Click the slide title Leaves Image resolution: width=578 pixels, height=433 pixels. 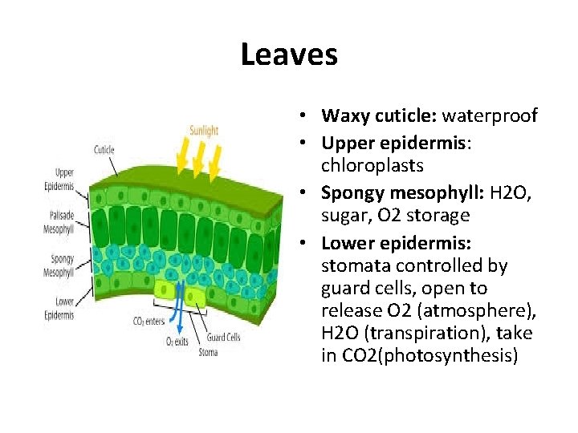coord(288,55)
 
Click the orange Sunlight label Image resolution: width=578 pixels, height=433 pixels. coord(205,130)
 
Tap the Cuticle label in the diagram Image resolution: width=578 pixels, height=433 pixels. coord(104,149)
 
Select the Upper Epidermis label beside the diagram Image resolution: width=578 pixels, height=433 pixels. coord(59,179)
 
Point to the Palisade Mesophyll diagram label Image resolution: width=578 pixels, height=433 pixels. coord(59,223)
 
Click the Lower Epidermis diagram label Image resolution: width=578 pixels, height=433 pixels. coord(59,309)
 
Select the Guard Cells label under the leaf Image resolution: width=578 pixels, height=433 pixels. coord(223,338)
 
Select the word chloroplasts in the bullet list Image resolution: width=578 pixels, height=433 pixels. coord(372,165)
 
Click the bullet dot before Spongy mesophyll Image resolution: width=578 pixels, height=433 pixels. coord(309,191)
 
